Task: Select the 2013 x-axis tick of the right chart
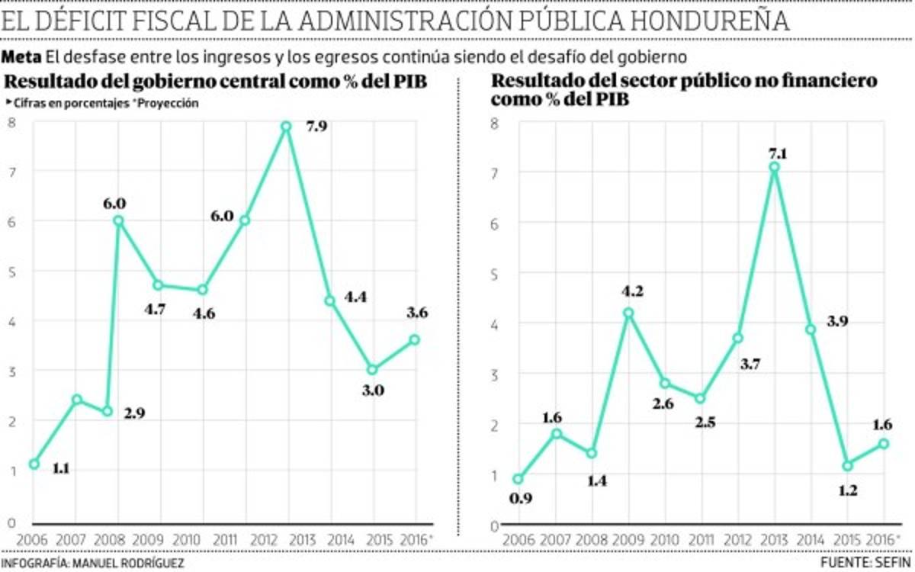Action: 774,538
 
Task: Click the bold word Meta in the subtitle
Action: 21,57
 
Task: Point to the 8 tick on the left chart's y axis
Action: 11,123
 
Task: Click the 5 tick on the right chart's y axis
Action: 494,273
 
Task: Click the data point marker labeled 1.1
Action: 34,464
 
